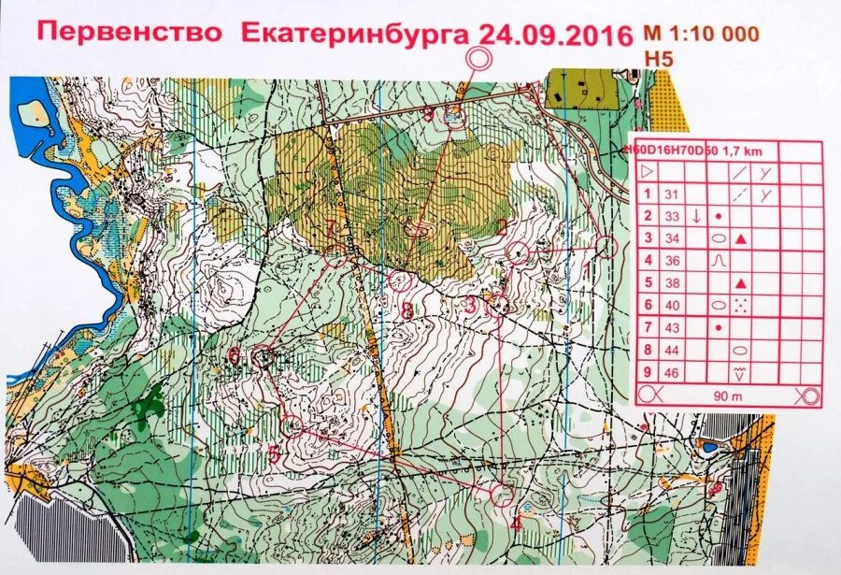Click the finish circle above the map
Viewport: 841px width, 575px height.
click(x=479, y=58)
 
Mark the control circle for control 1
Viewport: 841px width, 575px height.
click(x=606, y=247)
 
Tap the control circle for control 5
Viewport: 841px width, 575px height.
click(x=292, y=426)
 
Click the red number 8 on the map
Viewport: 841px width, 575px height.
click(x=407, y=309)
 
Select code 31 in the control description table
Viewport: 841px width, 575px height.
click(x=670, y=194)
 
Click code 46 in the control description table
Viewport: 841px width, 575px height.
click(x=670, y=372)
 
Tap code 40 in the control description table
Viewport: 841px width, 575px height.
click(x=670, y=305)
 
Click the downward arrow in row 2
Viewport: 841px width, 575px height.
click(x=696, y=216)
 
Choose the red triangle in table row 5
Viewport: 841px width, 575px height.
click(x=741, y=282)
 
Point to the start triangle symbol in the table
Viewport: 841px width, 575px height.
click(x=647, y=172)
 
